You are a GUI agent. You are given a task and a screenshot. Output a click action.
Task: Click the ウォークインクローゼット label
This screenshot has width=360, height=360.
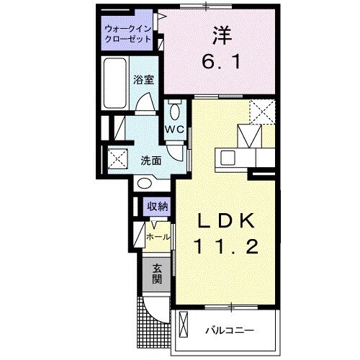tap(127, 34)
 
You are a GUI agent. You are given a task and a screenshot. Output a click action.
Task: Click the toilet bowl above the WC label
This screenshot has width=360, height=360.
tap(175, 112)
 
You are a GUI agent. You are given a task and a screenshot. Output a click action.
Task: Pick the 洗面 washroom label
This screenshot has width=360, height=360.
tap(150, 161)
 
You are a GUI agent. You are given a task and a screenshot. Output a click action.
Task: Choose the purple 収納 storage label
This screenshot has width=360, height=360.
tap(158, 207)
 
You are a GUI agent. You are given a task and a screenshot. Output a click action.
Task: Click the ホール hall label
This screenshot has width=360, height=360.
tap(158, 236)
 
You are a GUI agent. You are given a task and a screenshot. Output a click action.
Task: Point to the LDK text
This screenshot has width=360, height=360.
tap(226, 220)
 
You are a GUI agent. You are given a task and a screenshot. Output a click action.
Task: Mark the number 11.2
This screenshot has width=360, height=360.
tap(226, 247)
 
